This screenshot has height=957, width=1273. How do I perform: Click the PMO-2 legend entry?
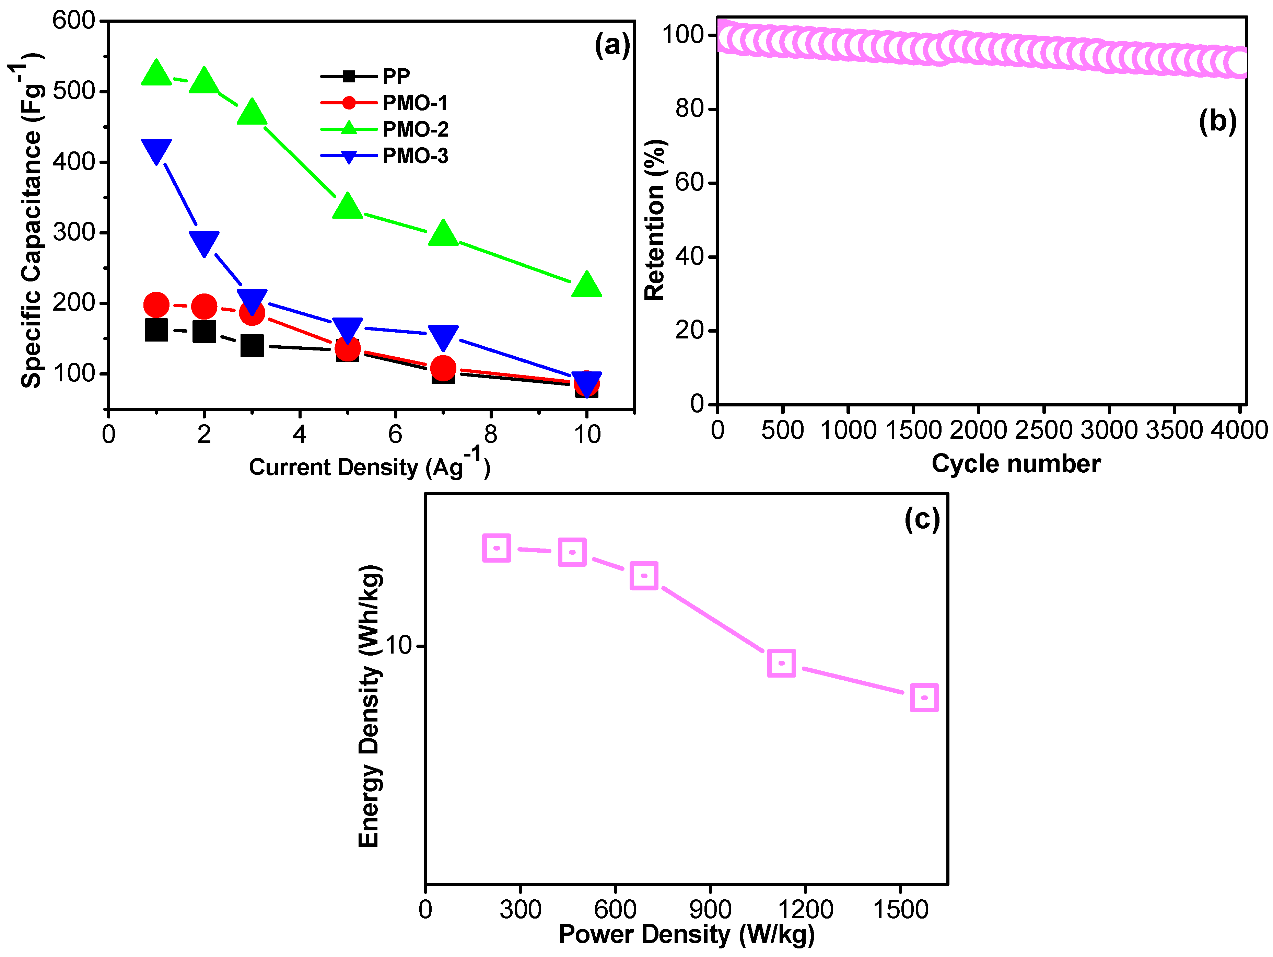click(x=384, y=129)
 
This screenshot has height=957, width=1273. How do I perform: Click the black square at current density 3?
click(x=252, y=345)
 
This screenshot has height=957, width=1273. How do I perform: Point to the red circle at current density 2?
click(x=204, y=306)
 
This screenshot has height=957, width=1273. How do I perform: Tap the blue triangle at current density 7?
click(x=443, y=337)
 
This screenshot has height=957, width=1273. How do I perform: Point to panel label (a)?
click(x=612, y=45)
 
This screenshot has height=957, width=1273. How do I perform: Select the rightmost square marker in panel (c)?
click(x=924, y=697)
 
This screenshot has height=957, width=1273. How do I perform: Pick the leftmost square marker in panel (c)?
click(x=496, y=547)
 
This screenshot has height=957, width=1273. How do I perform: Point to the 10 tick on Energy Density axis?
click(x=398, y=645)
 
